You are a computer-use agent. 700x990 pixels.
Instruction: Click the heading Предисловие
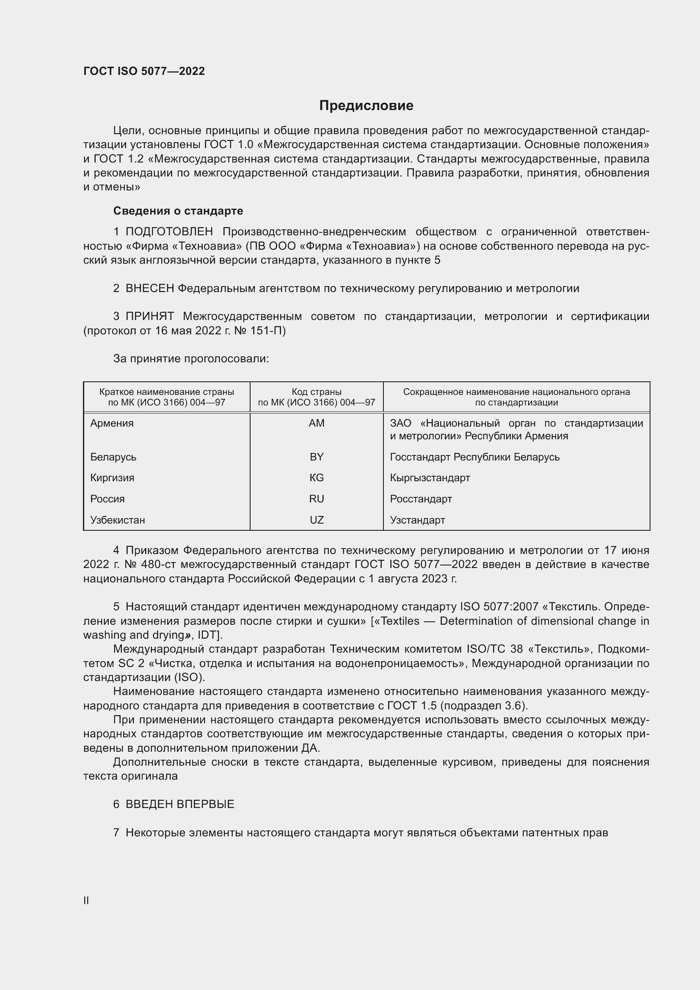tap(366, 105)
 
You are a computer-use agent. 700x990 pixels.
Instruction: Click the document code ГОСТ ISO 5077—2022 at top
tap(144, 71)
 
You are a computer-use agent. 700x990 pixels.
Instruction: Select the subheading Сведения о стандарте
tap(178, 211)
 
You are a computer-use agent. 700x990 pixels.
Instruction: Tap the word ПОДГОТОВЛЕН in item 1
tap(169, 232)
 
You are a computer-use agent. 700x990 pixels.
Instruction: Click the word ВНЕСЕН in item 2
tap(149, 288)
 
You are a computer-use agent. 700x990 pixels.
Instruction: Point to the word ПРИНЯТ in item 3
tap(149, 316)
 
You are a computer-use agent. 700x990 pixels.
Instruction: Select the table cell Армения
tap(112, 423)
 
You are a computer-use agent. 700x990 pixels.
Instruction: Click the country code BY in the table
tap(317, 457)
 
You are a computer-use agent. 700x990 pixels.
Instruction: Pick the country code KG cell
tap(317, 478)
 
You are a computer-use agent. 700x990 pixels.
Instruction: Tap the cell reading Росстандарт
tap(421, 499)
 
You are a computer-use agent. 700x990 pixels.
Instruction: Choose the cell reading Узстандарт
tap(417, 520)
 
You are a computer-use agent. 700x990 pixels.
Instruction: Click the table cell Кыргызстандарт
tap(430, 478)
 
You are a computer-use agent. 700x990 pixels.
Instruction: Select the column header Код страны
tap(317, 392)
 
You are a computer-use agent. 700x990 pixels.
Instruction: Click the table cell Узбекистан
tap(118, 520)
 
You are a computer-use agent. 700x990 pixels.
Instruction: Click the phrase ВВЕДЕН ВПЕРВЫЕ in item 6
tap(180, 804)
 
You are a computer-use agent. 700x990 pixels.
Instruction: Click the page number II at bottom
tap(86, 900)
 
